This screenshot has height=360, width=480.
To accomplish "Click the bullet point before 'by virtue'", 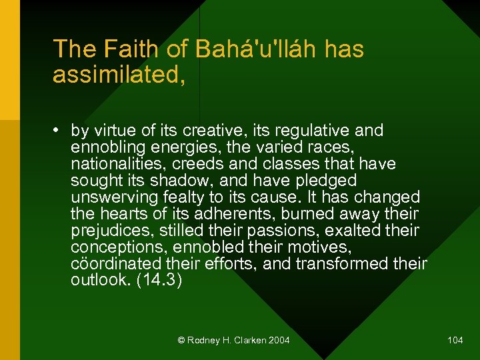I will tap(59, 131).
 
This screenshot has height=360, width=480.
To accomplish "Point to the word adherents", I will tap(233, 214).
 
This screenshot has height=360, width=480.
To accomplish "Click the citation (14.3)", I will tap(158, 281).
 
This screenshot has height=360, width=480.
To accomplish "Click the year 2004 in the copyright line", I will tap(279, 341).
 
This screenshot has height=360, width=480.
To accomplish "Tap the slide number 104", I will tap(455, 341).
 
